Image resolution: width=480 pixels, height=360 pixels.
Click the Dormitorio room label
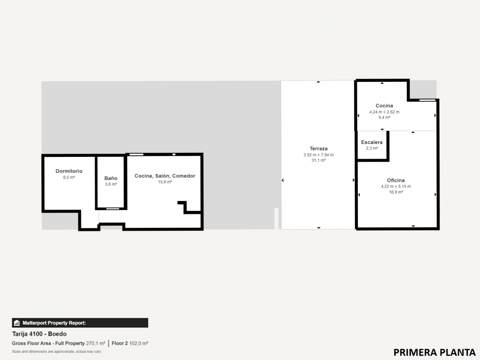coord(69,171)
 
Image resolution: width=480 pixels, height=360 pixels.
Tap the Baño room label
coord(111,178)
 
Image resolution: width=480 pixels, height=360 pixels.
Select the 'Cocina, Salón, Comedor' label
coord(165,176)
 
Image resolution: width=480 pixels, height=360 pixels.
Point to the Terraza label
coord(318,149)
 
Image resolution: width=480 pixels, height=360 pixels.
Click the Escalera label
coord(372,142)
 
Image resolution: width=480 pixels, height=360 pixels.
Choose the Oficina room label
coord(396,180)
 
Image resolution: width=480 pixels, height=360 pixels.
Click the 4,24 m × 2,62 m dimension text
coord(384,112)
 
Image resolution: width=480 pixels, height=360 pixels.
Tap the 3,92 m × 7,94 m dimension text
coord(318,155)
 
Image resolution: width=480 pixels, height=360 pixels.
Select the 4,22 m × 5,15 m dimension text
coord(396,186)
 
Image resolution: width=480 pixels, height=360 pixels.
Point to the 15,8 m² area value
coord(165,182)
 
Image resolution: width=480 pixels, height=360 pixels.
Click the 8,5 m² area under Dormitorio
coord(69,177)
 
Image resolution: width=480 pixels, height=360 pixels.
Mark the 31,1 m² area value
coord(318,160)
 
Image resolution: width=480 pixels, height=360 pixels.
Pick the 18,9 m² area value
coord(396,192)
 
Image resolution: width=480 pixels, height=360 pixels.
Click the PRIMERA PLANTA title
coord(434,352)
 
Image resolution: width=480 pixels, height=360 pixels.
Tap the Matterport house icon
coord(17,323)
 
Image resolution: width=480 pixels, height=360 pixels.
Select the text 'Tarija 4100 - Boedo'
coord(39,334)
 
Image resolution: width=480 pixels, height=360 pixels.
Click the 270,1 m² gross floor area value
coord(95,343)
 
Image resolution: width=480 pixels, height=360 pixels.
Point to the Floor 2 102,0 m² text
coord(130,343)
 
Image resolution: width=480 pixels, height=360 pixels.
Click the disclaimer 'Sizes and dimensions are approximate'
coord(56,352)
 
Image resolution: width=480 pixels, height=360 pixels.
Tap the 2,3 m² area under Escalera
coord(372,149)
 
